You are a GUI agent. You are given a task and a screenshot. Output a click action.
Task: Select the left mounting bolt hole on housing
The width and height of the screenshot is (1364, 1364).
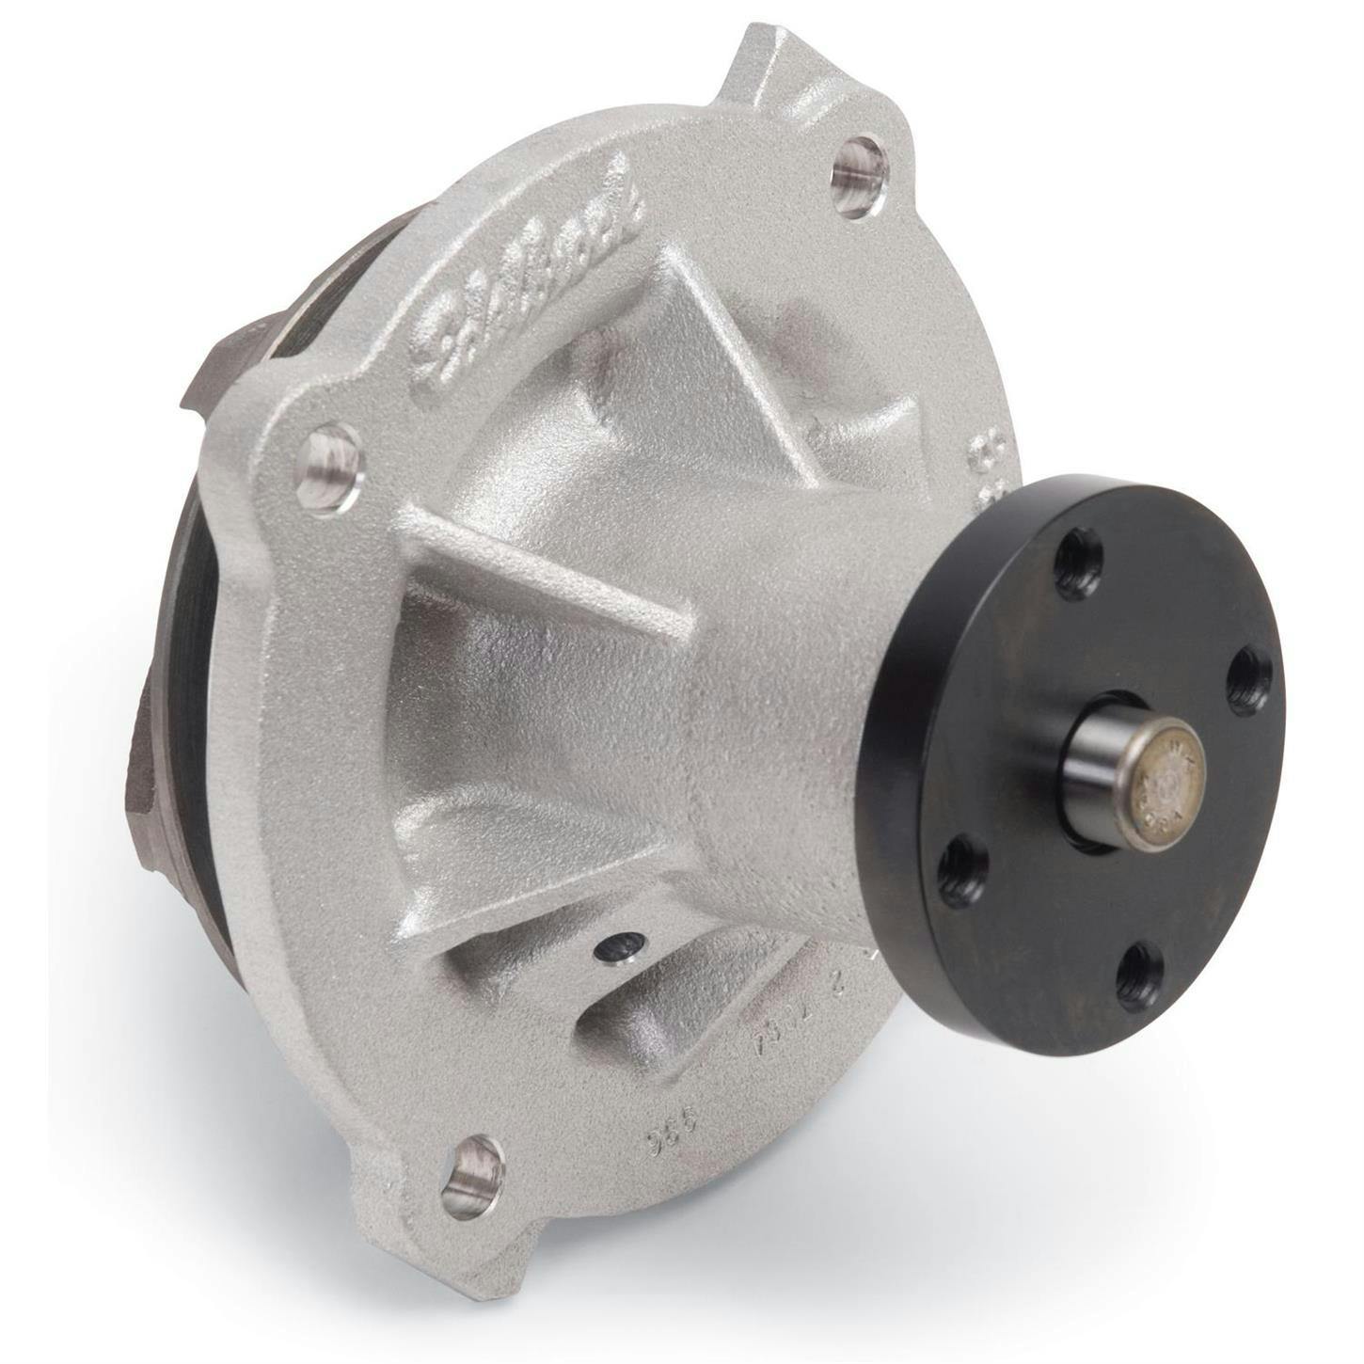tap(330, 468)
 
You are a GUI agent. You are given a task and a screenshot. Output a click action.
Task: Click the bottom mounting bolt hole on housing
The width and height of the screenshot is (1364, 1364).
tap(472, 1175)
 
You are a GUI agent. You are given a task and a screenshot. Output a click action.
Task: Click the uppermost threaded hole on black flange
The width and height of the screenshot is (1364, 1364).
tap(1078, 563)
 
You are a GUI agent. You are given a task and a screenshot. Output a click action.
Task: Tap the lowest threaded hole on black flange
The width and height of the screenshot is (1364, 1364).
tap(1138, 976)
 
